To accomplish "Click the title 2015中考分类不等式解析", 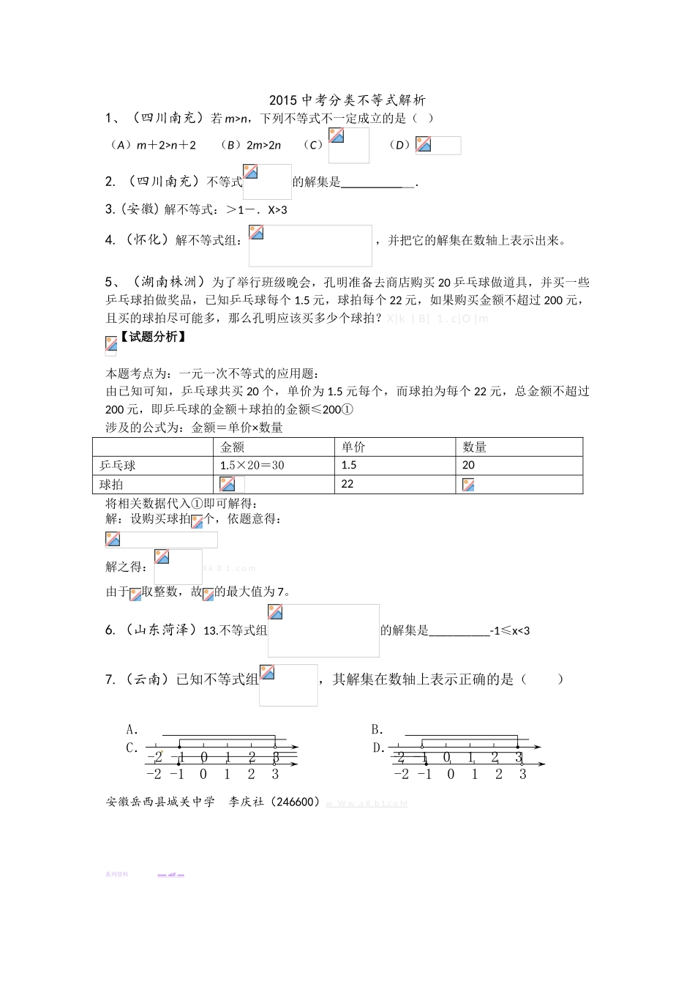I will pyautogui.click(x=347, y=100).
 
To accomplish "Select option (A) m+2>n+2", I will pyautogui.click(x=152, y=145).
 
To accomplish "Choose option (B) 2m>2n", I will pyautogui.click(x=250, y=145).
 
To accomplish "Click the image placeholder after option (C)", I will pyautogui.click(x=348, y=145).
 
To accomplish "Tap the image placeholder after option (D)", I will pyautogui.click(x=437, y=145).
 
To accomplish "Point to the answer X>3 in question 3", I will pyautogui.click(x=277, y=210).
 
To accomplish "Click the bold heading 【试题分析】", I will pyautogui.click(x=152, y=337).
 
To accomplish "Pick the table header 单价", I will pyautogui.click(x=353, y=447).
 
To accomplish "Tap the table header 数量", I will pyautogui.click(x=475, y=447).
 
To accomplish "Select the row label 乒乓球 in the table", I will pyautogui.click(x=118, y=466).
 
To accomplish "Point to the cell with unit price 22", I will pyautogui.click(x=347, y=484).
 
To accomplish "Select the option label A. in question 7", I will pyautogui.click(x=132, y=729).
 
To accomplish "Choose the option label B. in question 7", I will pyautogui.click(x=377, y=729).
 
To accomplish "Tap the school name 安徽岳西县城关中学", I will pyautogui.click(x=160, y=802).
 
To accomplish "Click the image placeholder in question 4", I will pyautogui.click(x=310, y=245).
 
